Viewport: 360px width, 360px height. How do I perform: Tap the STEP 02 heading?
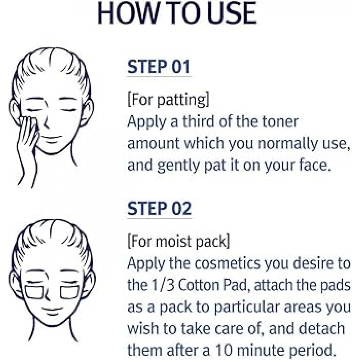click(x=159, y=209)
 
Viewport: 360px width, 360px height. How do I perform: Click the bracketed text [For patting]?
click(x=168, y=101)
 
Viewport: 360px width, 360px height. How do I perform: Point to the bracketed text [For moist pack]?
click(x=178, y=242)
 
